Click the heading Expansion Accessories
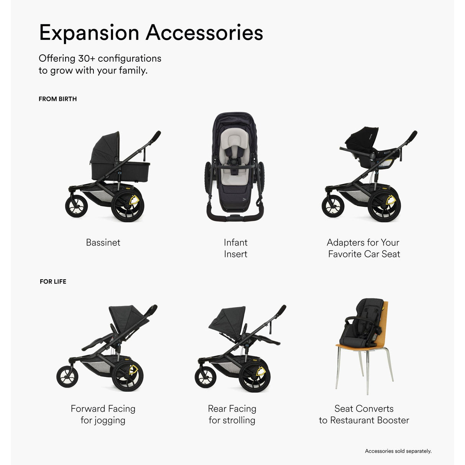point(151,32)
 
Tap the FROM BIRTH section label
point(57,99)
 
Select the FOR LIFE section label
point(53,282)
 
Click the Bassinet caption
point(103,242)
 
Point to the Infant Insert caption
point(236,248)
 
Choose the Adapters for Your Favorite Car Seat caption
point(363,248)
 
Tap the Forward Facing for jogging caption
point(103,414)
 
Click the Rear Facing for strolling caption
point(232,414)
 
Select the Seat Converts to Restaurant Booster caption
point(364,414)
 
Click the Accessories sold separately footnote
point(398,451)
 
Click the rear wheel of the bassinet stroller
point(127,205)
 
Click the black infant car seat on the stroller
point(361,144)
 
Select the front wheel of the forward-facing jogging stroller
point(68,376)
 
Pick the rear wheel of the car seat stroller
point(383,205)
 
